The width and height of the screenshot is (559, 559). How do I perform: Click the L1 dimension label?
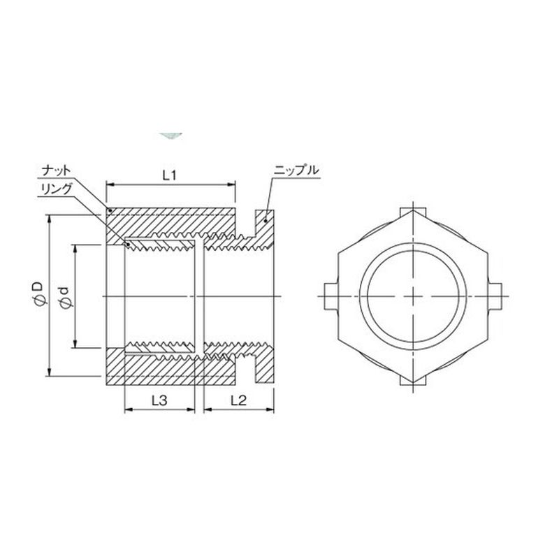(x=169, y=175)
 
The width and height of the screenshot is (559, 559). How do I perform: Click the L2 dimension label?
(x=238, y=400)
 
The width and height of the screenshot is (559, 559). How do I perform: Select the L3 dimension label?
(x=159, y=400)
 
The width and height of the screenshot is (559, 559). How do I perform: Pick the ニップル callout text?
(x=296, y=170)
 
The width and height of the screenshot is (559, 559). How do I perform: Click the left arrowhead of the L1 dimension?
(x=110, y=184)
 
